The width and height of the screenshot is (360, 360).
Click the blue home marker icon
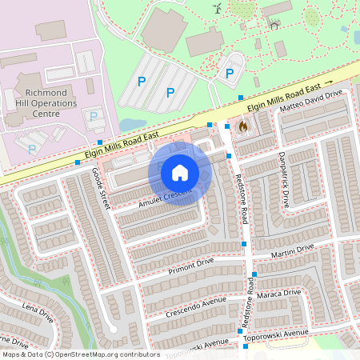pyautogui.click(x=180, y=173)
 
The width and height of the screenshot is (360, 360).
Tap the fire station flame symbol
pyautogui.click(x=242, y=126)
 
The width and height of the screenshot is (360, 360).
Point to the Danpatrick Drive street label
pyautogui.click(x=283, y=178)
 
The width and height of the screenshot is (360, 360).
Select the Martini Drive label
pyautogui.click(x=293, y=252)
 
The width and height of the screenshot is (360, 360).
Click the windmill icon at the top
pyautogui.click(x=216, y=8)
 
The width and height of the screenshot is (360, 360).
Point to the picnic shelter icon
pyautogui.click(x=274, y=25)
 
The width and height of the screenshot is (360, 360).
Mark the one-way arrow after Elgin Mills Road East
pyautogui.click(x=328, y=82)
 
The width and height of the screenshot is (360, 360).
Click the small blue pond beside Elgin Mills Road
pyautogui.click(x=128, y=125)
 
